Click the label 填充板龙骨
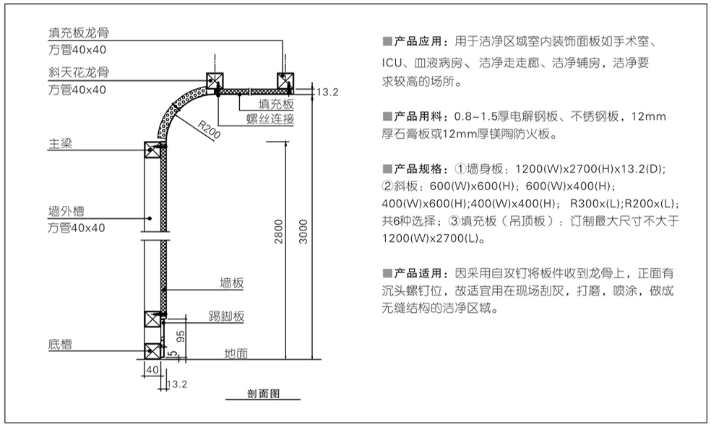coord(79,33)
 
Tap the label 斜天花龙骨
coord(79,72)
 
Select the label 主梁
coord(60,145)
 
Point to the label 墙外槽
coord(66,212)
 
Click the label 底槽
coord(60,345)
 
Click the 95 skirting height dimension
coord(181,335)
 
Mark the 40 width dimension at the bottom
coord(151,370)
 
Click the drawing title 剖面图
coord(263,394)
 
